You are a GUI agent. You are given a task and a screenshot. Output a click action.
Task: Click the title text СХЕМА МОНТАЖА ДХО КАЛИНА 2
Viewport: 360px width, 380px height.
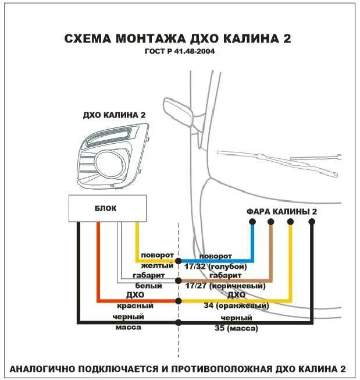[178, 39]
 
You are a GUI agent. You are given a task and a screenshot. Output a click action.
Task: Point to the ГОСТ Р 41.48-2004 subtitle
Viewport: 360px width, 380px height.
[179, 52]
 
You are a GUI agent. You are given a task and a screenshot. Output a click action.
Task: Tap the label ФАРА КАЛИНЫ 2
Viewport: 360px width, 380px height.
[282, 211]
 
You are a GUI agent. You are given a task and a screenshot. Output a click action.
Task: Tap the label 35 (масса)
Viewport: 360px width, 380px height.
[236, 328]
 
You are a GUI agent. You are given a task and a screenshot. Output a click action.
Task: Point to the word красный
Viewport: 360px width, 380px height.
[136, 306]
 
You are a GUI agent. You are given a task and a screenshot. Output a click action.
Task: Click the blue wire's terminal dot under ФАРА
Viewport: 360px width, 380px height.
[252, 222]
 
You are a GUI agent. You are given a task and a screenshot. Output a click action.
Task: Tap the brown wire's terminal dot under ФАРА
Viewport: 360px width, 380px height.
[271, 222]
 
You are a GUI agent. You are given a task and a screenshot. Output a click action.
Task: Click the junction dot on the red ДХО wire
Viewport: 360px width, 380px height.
[179, 300]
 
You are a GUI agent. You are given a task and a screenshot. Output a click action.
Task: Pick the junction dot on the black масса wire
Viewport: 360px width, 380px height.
[179, 322]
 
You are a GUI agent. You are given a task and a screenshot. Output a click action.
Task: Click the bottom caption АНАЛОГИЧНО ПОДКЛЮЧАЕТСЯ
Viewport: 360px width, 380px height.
[178, 369]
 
